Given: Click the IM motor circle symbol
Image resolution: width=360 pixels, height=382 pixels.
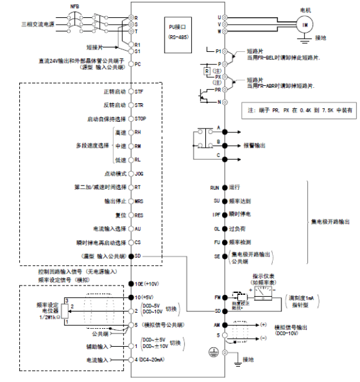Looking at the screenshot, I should click(304, 23).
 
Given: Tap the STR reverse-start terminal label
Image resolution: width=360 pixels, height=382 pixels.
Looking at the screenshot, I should click(140, 105).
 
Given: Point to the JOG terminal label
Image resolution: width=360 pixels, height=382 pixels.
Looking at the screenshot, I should click(140, 174).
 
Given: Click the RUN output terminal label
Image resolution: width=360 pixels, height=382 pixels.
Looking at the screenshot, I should click(214, 186).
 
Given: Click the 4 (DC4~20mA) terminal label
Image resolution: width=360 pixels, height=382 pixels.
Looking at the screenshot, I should click(153, 359).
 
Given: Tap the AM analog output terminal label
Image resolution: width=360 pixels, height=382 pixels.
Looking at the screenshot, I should click(215, 324).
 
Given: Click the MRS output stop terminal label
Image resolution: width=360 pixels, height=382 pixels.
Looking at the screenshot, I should click(140, 201).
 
